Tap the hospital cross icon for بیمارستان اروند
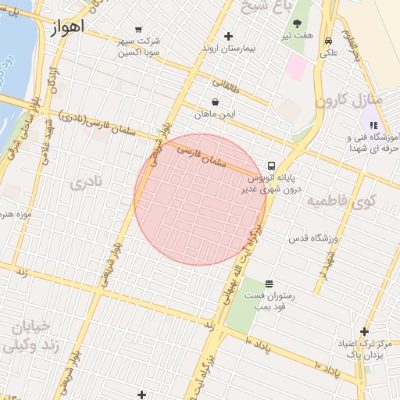coord(228,36)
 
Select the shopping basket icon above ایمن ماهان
coord(215,102)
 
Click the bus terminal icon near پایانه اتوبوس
coord(271,166)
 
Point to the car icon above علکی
coord(329,41)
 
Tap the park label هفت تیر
coord(298,35)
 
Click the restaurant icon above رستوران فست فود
coord(269,284)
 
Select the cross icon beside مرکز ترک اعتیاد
coord(364,331)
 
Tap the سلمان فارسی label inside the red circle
coord(202,155)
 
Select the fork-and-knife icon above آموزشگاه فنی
coord(373,125)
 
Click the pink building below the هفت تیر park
coord(297,66)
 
